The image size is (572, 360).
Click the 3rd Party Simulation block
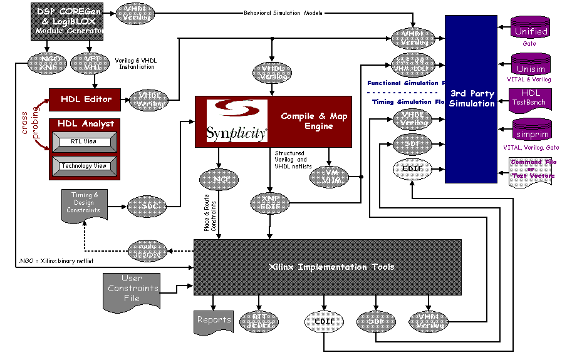click(x=471, y=99)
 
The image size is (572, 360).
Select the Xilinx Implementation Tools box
click(x=327, y=267)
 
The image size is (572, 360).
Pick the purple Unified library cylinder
click(x=531, y=31)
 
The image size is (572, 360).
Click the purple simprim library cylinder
click(x=531, y=132)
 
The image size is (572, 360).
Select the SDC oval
click(x=145, y=205)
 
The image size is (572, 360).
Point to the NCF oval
click(x=217, y=180)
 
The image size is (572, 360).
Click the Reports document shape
click(x=213, y=321)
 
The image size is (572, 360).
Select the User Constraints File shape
click(x=132, y=290)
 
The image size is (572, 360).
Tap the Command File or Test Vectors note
click(x=533, y=169)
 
